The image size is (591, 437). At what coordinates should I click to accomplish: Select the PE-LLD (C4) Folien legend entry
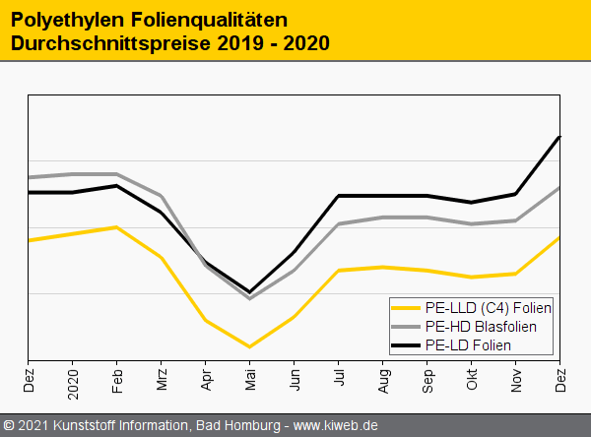(488, 308)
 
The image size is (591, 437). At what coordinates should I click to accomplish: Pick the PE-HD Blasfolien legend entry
(481, 326)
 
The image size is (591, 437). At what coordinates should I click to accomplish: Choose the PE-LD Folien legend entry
(467, 344)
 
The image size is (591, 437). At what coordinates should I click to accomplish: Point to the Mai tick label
(250, 380)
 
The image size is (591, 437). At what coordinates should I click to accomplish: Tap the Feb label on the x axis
(117, 380)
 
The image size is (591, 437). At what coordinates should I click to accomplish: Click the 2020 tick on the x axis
(73, 382)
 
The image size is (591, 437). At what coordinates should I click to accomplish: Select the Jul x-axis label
(339, 378)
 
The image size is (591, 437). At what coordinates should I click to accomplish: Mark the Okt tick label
(472, 379)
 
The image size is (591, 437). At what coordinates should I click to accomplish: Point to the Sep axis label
(427, 380)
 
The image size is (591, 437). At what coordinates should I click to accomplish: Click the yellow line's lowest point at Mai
(250, 346)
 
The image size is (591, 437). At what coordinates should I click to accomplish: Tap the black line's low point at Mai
(250, 292)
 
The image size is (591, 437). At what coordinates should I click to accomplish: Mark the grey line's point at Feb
(117, 174)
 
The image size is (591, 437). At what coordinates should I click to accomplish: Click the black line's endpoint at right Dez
(559, 137)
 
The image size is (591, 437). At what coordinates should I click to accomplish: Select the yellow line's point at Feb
(117, 227)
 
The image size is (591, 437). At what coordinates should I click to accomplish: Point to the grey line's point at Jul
(339, 224)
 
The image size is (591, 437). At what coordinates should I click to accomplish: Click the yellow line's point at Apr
(205, 320)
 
